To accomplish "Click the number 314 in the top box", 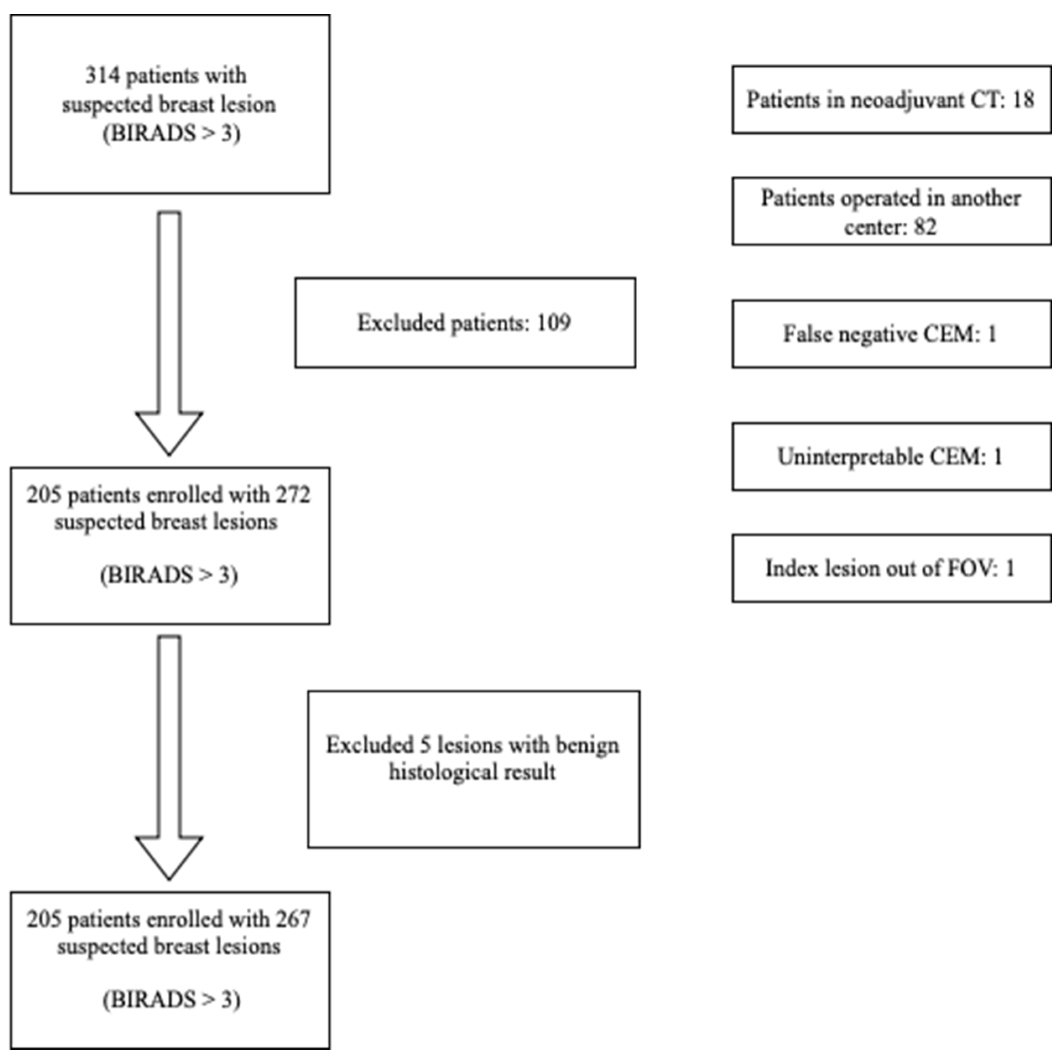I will point(102,75).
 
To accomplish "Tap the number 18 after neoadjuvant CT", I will point(1023,100).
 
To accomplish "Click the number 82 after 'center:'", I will point(925,227).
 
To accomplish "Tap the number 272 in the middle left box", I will point(294,494).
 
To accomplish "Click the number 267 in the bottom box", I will point(294,919).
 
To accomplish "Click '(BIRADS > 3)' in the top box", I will point(171,133).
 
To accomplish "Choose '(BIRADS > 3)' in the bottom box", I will point(171,999).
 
